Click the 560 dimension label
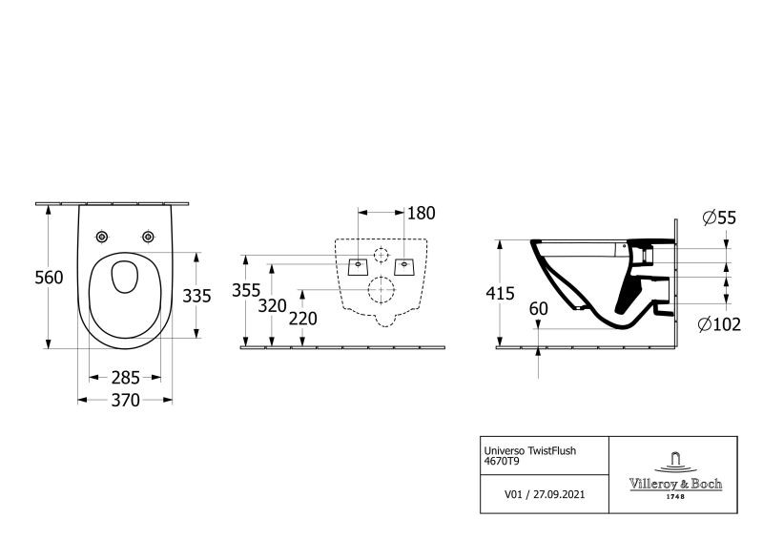tap(50, 278)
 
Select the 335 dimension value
tap(197, 296)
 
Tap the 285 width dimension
tap(126, 378)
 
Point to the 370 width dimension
tap(126, 400)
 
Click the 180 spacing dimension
tap(422, 213)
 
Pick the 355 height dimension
tap(246, 290)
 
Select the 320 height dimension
tap(272, 306)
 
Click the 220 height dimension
tap(303, 319)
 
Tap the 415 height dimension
tap(500, 293)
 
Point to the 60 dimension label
tap(538, 309)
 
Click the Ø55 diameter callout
tap(720, 218)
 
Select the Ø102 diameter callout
tap(719, 323)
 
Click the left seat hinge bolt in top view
tap(102, 238)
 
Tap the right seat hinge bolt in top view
tap(148, 238)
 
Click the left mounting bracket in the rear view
tap(359, 267)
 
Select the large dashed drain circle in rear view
tap(381, 290)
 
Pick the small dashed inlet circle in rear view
tap(381, 255)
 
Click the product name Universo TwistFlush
tap(530, 451)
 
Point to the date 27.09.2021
tap(559, 494)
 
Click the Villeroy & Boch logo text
tap(675, 484)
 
